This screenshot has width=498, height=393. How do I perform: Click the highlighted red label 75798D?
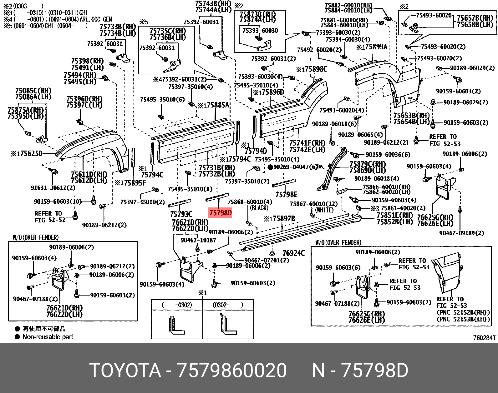[220, 213]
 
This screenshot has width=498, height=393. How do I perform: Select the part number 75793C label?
[181, 214]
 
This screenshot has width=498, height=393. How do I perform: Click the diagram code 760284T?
[484, 338]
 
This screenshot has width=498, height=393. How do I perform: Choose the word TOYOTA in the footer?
[125, 371]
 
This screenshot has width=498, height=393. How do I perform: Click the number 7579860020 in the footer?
[232, 371]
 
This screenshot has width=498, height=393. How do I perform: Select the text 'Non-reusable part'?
[48, 337]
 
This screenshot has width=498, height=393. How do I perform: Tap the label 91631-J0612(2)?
[53, 188]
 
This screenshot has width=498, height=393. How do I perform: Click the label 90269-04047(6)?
[296, 167]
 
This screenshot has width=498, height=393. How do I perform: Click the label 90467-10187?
[198, 240]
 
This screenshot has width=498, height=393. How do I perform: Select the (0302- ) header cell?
[228, 305]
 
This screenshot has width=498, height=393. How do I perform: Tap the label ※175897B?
[279, 218]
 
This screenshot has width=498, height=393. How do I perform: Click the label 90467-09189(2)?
[461, 233]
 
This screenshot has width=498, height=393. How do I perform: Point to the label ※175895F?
[130, 183]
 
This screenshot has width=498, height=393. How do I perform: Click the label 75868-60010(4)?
[250, 202]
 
